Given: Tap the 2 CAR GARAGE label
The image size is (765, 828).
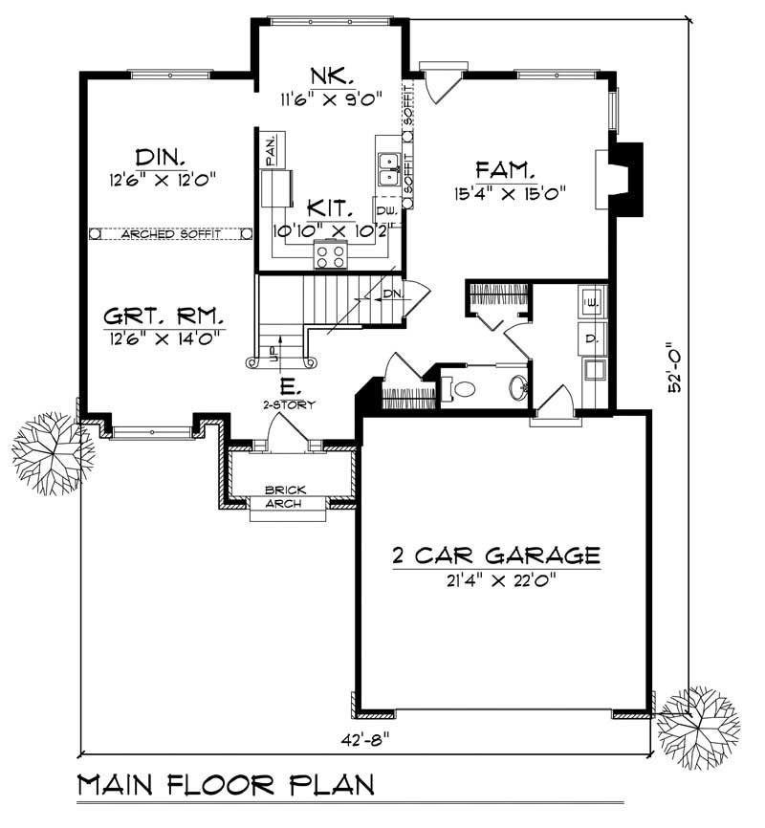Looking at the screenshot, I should [x=495, y=556].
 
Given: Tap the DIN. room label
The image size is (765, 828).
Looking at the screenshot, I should [x=160, y=156].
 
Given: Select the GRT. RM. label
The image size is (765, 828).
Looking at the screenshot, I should [x=164, y=315].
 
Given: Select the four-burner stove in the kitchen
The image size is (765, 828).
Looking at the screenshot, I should [x=331, y=255].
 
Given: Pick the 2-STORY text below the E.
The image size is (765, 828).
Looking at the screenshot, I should [x=286, y=404].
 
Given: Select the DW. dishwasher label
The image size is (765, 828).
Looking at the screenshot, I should [x=386, y=211].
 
